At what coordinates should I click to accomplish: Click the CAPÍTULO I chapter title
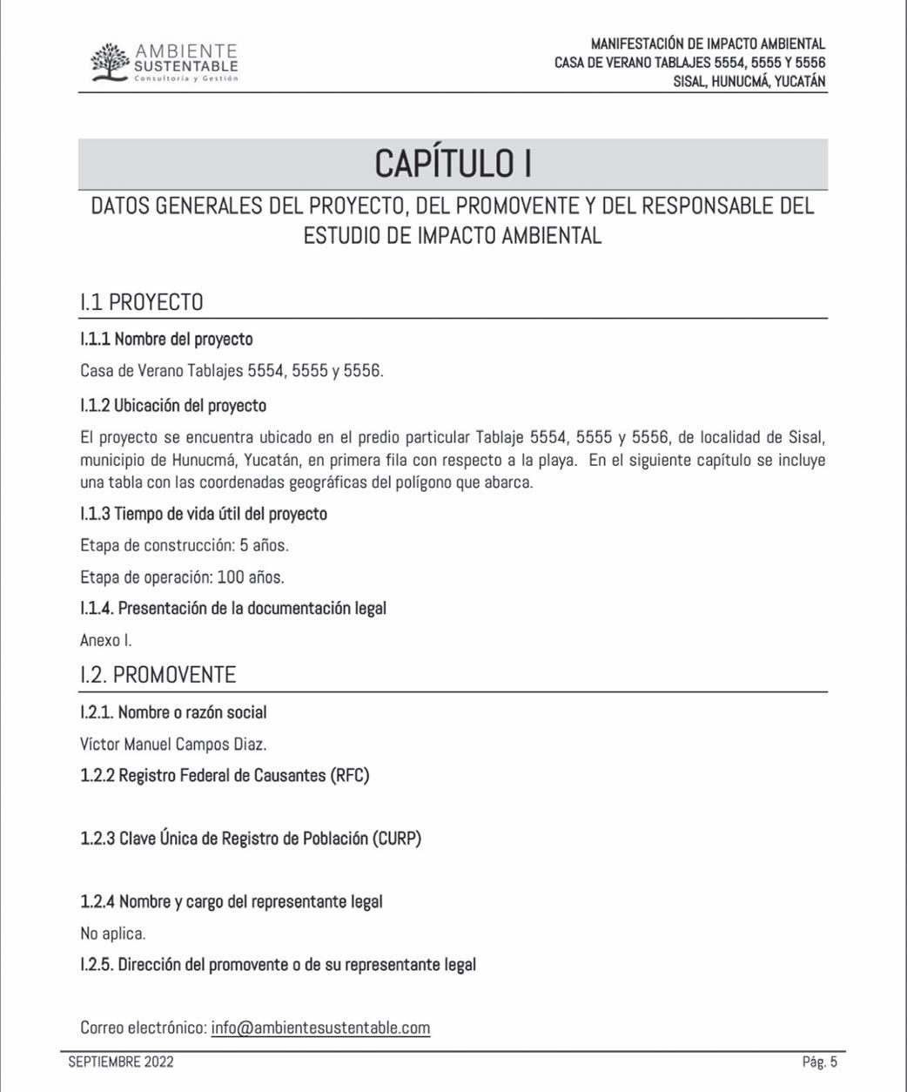pos(453,164)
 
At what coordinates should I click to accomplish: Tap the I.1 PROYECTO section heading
pos(141,302)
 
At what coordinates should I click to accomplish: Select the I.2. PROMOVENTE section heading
pos(158,675)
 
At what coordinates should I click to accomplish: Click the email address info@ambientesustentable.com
pos(320,1028)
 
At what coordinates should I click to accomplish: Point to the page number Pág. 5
pos(819,1062)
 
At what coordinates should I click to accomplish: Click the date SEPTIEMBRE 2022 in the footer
pos(121,1062)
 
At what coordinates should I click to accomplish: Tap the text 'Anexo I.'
pos(106,640)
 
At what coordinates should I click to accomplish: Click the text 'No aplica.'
pos(113,934)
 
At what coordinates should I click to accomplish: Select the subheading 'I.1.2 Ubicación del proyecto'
pos(173,406)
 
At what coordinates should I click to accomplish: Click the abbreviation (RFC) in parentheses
pos(350,775)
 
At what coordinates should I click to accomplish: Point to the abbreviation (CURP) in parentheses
pos(398,839)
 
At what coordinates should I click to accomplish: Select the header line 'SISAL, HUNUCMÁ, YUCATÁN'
pos(749,82)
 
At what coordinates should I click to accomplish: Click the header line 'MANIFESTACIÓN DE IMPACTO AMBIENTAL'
pos(708,44)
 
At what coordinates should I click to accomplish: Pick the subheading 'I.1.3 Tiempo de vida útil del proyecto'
pos(204,514)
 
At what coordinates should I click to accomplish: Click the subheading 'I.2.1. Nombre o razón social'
pos(173,712)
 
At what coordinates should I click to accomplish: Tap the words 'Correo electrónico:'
pos(144,1028)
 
